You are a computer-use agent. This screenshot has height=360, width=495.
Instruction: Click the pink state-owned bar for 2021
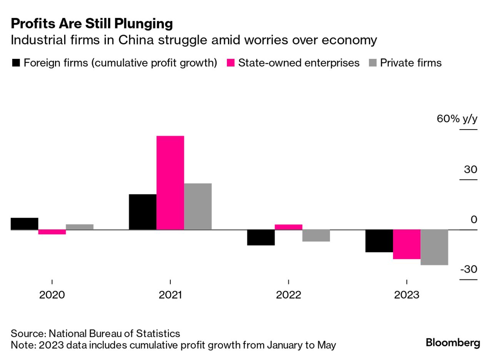pyautogui.click(x=170, y=183)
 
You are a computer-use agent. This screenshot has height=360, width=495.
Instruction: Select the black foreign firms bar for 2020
pyautogui.click(x=24, y=223)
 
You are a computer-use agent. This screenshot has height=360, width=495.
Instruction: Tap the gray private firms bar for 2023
pyautogui.click(x=434, y=247)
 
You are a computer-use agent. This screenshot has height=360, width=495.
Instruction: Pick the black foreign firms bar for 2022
pyautogui.click(x=261, y=237)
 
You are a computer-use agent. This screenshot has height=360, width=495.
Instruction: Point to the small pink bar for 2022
pyautogui.click(x=288, y=227)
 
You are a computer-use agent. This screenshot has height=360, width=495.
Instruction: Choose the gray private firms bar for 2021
pyautogui.click(x=198, y=207)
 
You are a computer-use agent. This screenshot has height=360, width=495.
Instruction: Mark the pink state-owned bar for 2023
pyautogui.click(x=407, y=244)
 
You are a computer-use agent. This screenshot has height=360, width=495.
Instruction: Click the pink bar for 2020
pyautogui.click(x=52, y=232)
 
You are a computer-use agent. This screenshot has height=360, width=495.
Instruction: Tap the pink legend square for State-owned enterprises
pyautogui.click(x=230, y=63)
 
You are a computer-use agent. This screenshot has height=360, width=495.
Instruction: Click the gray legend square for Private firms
pyautogui.click(x=372, y=63)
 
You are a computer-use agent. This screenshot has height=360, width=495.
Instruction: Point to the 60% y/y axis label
pyautogui.click(x=457, y=118)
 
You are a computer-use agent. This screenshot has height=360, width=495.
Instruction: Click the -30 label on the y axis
pyautogui.click(x=468, y=269)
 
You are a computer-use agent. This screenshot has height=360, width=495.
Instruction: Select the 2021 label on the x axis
pyautogui.click(x=170, y=295)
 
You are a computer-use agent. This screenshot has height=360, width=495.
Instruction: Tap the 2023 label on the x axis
pyautogui.click(x=407, y=295)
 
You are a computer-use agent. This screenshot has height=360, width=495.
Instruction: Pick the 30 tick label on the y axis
pyautogui.click(x=470, y=169)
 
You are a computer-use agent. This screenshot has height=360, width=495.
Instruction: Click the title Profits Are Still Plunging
pyautogui.click(x=92, y=23)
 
